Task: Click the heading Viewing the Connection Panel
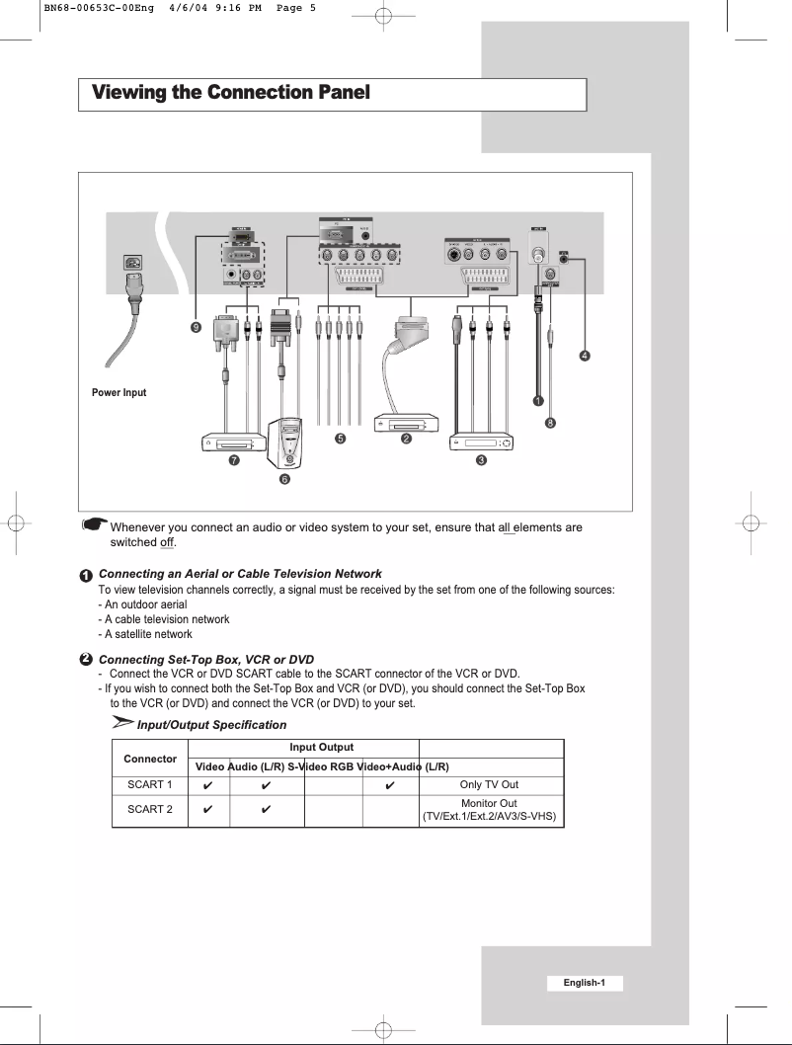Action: pyautogui.click(x=230, y=94)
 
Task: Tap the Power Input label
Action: pyautogui.click(x=119, y=392)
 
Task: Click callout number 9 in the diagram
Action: pyautogui.click(x=198, y=327)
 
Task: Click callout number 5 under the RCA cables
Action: pyautogui.click(x=340, y=438)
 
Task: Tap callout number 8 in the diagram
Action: pyautogui.click(x=550, y=423)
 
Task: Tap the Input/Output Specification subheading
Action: pyautogui.click(x=198, y=725)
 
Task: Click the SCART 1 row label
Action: pyautogui.click(x=149, y=785)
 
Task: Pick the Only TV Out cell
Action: pyautogui.click(x=490, y=785)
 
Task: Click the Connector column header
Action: pyautogui.click(x=149, y=759)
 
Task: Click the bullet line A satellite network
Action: pyautogui.click(x=145, y=634)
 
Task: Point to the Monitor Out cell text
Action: pyautogui.click(x=490, y=803)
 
